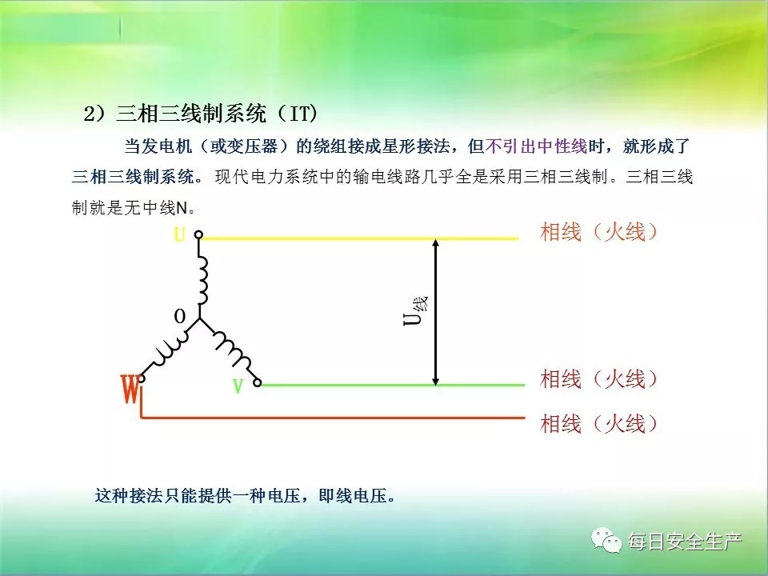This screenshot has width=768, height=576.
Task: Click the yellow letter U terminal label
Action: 180,235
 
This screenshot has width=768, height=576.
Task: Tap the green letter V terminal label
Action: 238,386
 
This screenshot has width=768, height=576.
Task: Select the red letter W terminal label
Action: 130,389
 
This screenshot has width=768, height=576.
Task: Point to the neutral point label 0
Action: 180,317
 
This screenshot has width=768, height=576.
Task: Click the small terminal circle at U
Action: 198,234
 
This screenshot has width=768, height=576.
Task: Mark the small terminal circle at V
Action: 257,383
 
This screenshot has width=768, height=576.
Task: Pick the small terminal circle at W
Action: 141,378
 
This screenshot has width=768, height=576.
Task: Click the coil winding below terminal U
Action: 202,282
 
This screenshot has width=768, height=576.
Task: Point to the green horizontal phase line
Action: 393,385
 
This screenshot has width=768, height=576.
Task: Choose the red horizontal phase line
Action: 333,418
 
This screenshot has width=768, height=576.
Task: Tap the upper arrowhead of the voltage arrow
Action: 435,242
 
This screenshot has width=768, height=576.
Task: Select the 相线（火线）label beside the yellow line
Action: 599,232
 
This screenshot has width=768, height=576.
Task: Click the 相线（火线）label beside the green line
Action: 599,378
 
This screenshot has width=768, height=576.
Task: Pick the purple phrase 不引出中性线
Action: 536,146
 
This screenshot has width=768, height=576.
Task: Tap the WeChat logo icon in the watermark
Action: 606,540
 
